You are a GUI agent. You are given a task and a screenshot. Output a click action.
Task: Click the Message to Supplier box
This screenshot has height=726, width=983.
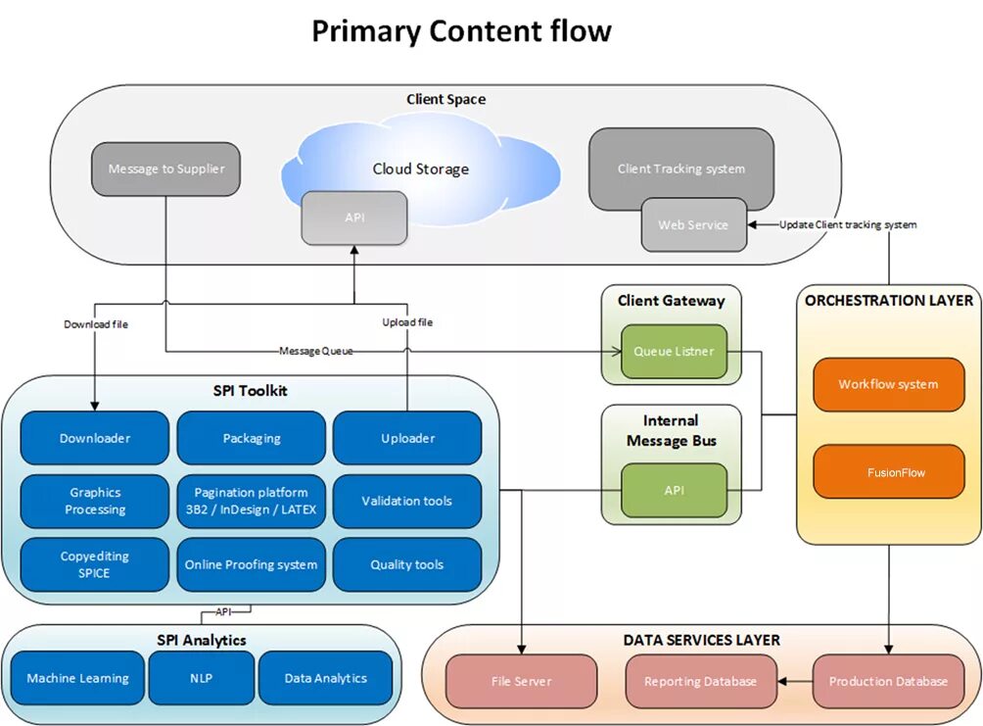click(165, 169)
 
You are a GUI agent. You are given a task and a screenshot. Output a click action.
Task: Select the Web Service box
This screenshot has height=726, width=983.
click(693, 225)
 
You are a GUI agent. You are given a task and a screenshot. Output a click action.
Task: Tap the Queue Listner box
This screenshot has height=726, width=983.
click(674, 352)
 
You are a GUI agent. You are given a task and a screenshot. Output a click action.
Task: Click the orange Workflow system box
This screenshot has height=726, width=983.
click(888, 384)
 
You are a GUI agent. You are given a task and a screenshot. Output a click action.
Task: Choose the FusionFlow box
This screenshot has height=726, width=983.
click(888, 472)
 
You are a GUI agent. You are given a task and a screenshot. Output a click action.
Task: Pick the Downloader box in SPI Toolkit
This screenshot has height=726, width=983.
click(95, 438)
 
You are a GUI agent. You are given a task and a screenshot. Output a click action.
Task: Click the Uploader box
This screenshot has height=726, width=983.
click(407, 438)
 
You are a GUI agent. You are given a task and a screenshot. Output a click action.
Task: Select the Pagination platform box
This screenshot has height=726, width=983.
click(251, 501)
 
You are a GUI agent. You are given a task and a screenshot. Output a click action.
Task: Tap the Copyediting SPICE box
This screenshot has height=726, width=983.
click(95, 564)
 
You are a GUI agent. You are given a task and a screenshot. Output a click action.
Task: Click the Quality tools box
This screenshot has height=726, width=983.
click(407, 564)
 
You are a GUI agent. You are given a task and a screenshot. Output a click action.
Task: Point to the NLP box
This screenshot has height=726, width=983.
click(202, 678)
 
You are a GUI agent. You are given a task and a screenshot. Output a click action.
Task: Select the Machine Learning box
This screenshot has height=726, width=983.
click(77, 678)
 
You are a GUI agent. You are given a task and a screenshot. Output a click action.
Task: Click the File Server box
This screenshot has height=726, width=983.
click(521, 681)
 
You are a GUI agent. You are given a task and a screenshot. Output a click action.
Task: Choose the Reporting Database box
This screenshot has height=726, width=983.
click(700, 681)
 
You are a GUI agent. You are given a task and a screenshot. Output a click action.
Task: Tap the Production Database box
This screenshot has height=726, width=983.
click(888, 681)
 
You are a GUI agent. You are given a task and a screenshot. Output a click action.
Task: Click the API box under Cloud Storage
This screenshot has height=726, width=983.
click(354, 218)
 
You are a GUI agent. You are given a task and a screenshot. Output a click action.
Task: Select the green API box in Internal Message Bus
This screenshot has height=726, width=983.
click(674, 490)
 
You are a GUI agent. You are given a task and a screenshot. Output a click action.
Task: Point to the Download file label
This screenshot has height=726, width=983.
click(96, 323)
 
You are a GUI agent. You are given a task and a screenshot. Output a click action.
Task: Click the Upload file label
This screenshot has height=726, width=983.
click(407, 321)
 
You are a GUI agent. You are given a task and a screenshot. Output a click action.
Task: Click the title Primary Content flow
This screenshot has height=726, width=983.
click(461, 31)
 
